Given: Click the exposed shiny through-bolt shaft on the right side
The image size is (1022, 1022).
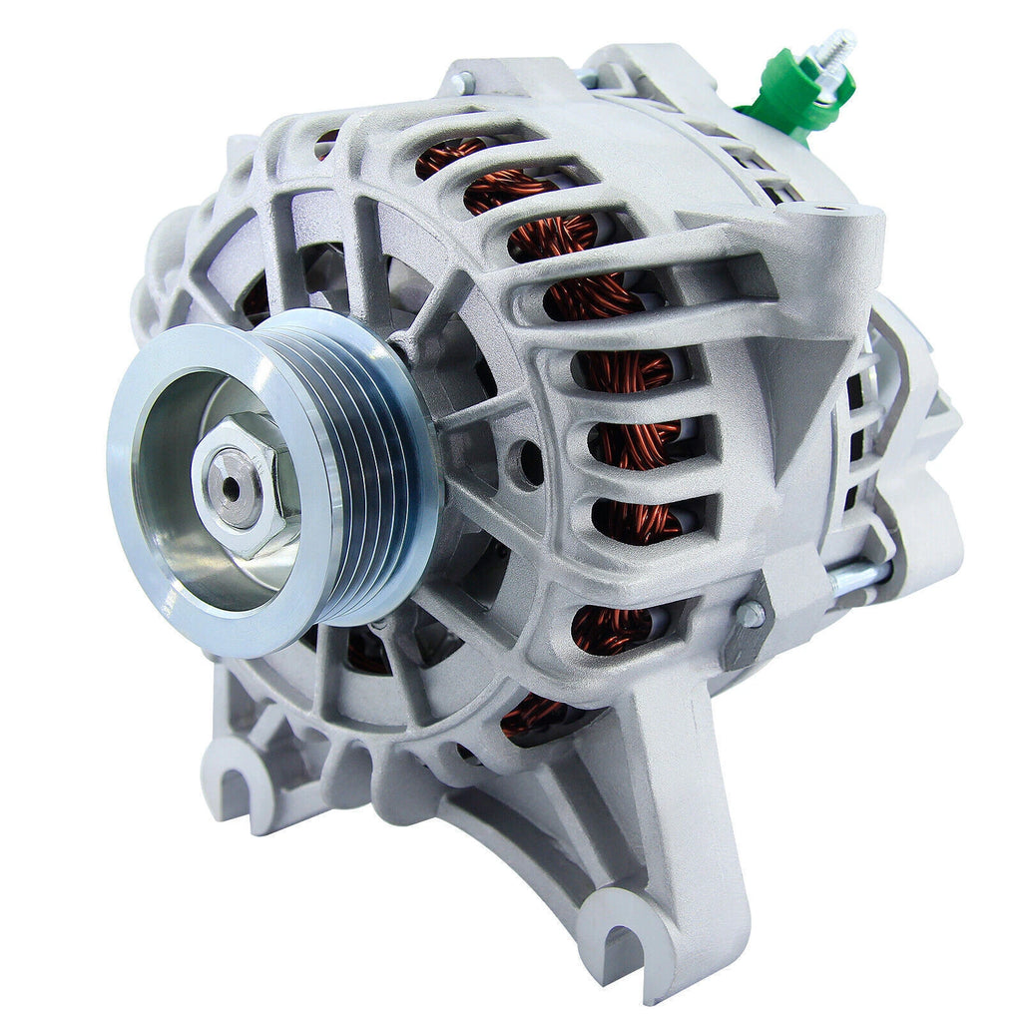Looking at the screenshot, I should pos(858,577).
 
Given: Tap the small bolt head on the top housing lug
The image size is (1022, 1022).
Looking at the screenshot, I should pos(461,84).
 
